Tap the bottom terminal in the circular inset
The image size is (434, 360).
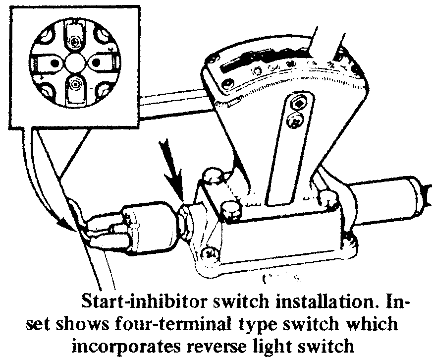pos(75,85)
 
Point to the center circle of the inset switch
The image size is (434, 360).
pos(75,63)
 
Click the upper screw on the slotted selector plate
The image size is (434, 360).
pos(299,104)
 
